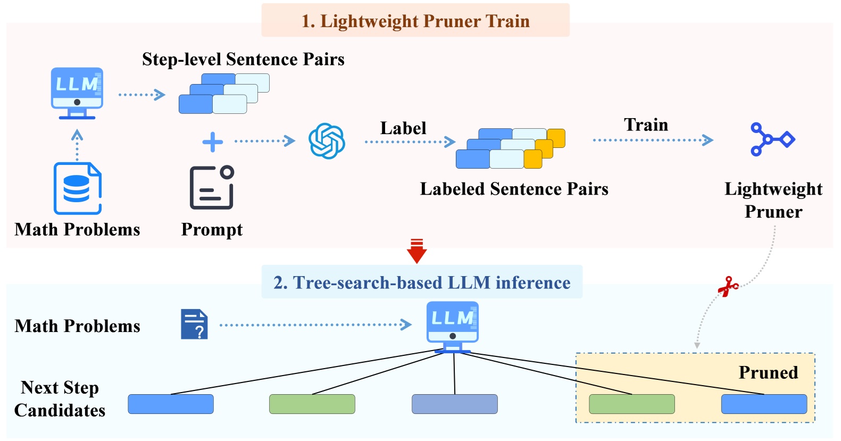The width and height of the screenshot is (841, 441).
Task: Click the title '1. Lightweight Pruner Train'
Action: coord(415,21)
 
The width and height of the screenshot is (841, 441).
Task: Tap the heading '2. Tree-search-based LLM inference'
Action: coord(422,282)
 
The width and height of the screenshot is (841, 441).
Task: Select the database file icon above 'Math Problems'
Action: coord(78,188)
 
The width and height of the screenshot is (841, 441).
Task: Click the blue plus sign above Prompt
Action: coord(213,142)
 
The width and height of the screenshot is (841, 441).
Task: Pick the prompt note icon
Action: coord(212,187)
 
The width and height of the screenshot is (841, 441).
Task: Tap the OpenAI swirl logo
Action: coord(327,141)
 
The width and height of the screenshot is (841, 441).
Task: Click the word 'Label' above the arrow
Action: coord(403,128)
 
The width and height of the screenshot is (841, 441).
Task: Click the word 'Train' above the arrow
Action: coord(646,125)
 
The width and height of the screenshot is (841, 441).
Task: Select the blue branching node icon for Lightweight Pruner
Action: coord(772,139)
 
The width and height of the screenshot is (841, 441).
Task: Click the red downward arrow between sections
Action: coord(417,252)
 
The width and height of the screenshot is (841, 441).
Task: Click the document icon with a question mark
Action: coord(194,324)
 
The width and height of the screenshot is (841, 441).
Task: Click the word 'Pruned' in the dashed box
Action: coord(768,372)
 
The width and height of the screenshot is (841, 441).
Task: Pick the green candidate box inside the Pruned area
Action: coord(631,404)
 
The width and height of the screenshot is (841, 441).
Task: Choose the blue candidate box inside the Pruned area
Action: coord(764,404)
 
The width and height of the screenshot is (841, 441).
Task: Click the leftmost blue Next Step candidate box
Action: coord(171,404)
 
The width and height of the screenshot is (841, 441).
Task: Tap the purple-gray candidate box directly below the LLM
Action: coord(454,404)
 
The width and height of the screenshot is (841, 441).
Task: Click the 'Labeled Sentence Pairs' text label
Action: coord(514,189)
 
